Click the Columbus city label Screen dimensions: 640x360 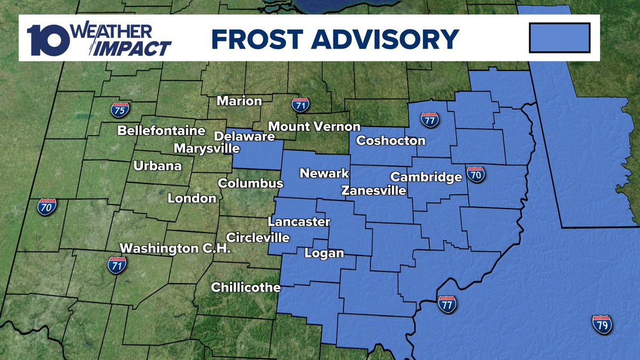click(250, 183)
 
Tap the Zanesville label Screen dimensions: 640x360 click(374, 190)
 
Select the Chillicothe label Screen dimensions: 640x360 click(246, 287)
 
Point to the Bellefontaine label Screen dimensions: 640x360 click(161, 130)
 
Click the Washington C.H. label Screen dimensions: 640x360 click(175, 248)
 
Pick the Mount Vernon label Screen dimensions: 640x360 click(314, 127)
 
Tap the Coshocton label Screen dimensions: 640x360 click(391, 141)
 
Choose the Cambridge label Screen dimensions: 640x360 click(426, 177)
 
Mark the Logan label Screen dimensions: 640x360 click(324, 253)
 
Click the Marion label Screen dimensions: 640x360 click(239, 101)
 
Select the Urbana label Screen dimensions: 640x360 click(157, 166)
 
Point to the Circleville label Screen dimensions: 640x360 click(258, 237)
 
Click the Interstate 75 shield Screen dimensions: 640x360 click(119, 109)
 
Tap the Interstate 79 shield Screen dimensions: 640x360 click(602, 324)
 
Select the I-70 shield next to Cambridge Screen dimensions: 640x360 click(475, 174)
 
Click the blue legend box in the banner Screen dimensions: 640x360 click(559, 38)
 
